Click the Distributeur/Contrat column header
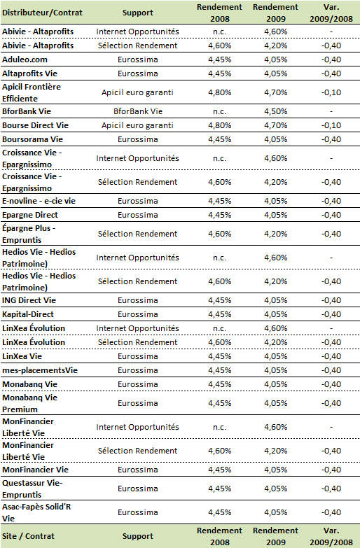42,13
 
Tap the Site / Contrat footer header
28,536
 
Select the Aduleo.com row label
25,59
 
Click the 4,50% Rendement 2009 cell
276,111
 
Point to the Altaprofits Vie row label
29,73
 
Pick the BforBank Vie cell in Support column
138,111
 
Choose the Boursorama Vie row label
32,139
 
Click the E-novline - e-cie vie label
39,201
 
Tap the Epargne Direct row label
30,215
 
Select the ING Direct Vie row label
29,300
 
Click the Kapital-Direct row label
28,314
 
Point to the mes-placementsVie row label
40,370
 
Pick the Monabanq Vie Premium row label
29,403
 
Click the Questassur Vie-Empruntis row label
32,489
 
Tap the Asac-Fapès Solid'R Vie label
36,512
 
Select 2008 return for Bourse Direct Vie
220,125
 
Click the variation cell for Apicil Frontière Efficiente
331,92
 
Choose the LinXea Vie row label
22,356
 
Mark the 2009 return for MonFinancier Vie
276,470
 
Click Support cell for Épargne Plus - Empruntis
138,234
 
